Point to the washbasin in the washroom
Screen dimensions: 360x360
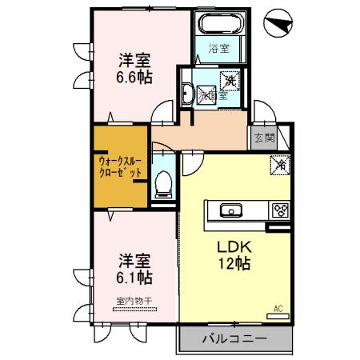186,94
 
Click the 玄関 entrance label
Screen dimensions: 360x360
265,138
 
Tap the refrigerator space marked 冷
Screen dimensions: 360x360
281,166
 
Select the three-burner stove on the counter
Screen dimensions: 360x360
281,211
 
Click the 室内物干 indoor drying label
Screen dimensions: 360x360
133,302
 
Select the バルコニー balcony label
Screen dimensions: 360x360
234,339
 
